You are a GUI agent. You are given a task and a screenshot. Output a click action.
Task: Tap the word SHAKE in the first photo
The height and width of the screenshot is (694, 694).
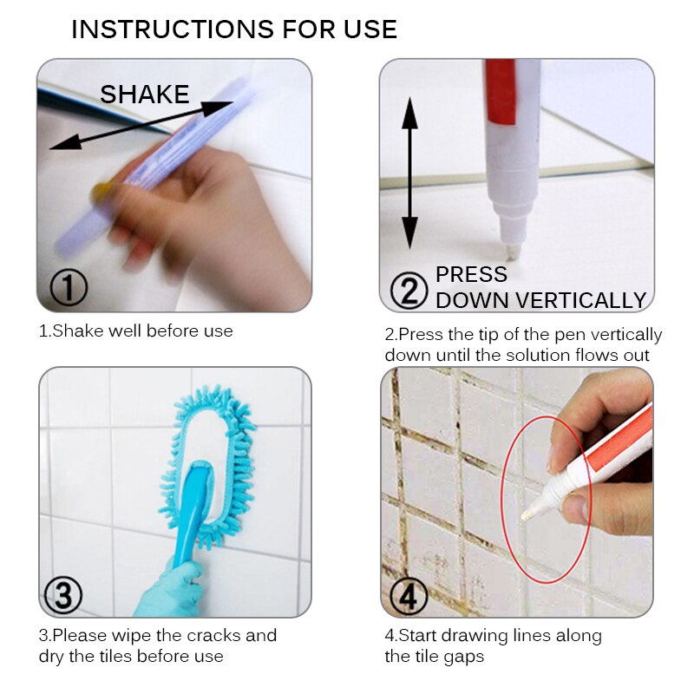(x=144, y=95)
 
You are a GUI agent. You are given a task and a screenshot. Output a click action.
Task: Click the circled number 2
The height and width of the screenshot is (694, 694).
(x=409, y=290)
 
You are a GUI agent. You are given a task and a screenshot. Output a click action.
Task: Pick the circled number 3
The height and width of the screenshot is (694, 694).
(x=62, y=595)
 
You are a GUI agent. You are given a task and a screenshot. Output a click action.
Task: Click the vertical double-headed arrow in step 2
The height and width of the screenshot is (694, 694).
(x=409, y=173)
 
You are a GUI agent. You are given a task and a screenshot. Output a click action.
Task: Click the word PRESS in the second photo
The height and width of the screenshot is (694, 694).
(x=471, y=275)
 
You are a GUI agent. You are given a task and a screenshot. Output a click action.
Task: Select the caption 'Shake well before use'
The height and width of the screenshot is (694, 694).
(x=135, y=331)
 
